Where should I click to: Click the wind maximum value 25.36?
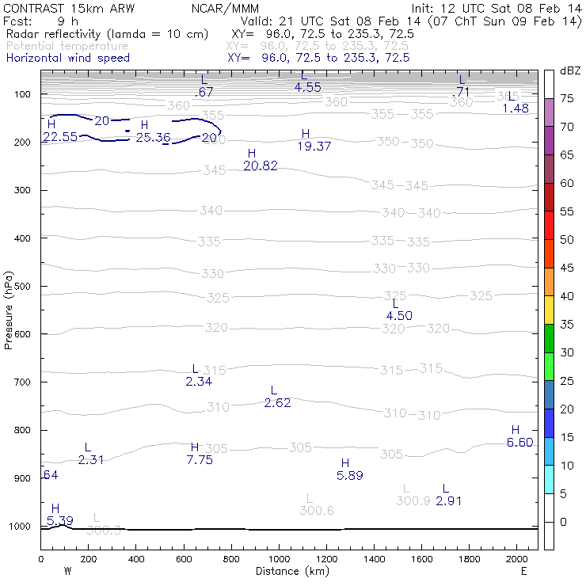point(153,138)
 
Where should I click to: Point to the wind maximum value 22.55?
point(60,137)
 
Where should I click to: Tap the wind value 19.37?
point(314,146)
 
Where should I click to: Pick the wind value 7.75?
point(200,460)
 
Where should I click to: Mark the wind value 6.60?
point(520,443)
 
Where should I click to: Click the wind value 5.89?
point(349,475)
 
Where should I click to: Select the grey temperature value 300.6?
point(317,511)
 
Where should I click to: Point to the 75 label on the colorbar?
point(567,98)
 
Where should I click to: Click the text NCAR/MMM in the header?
point(223,8)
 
